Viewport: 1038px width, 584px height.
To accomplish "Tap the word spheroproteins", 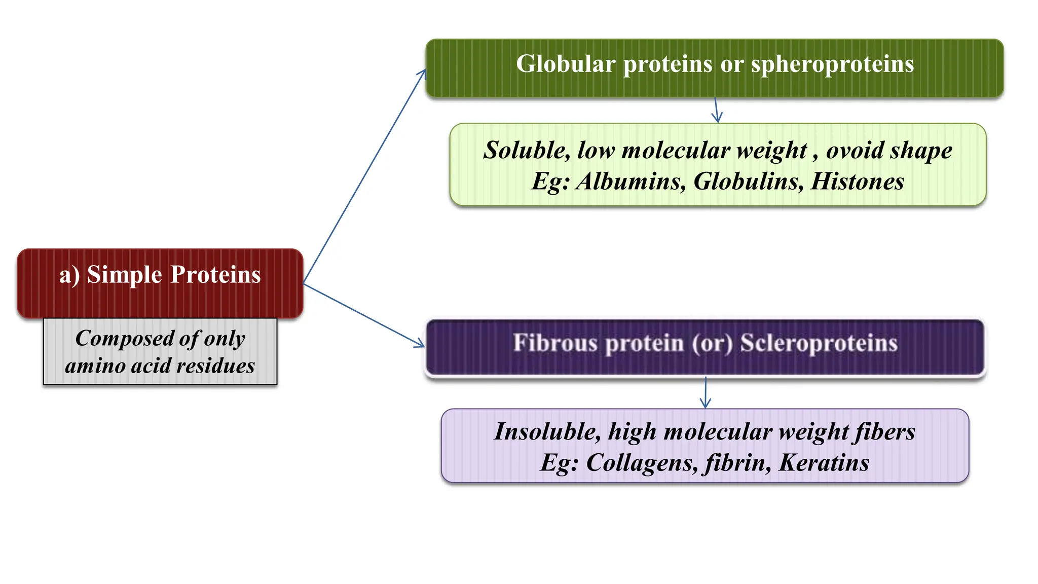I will [832, 65].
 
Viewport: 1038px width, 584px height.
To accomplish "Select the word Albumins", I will [631, 181].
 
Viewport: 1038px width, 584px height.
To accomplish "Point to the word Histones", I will [857, 181].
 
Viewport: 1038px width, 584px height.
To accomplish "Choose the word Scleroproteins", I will [819, 343].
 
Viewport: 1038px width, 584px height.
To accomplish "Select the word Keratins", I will [824, 463].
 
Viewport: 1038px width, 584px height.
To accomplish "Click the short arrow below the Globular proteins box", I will [716, 111].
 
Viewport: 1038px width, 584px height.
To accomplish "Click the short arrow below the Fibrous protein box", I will [706, 393].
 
